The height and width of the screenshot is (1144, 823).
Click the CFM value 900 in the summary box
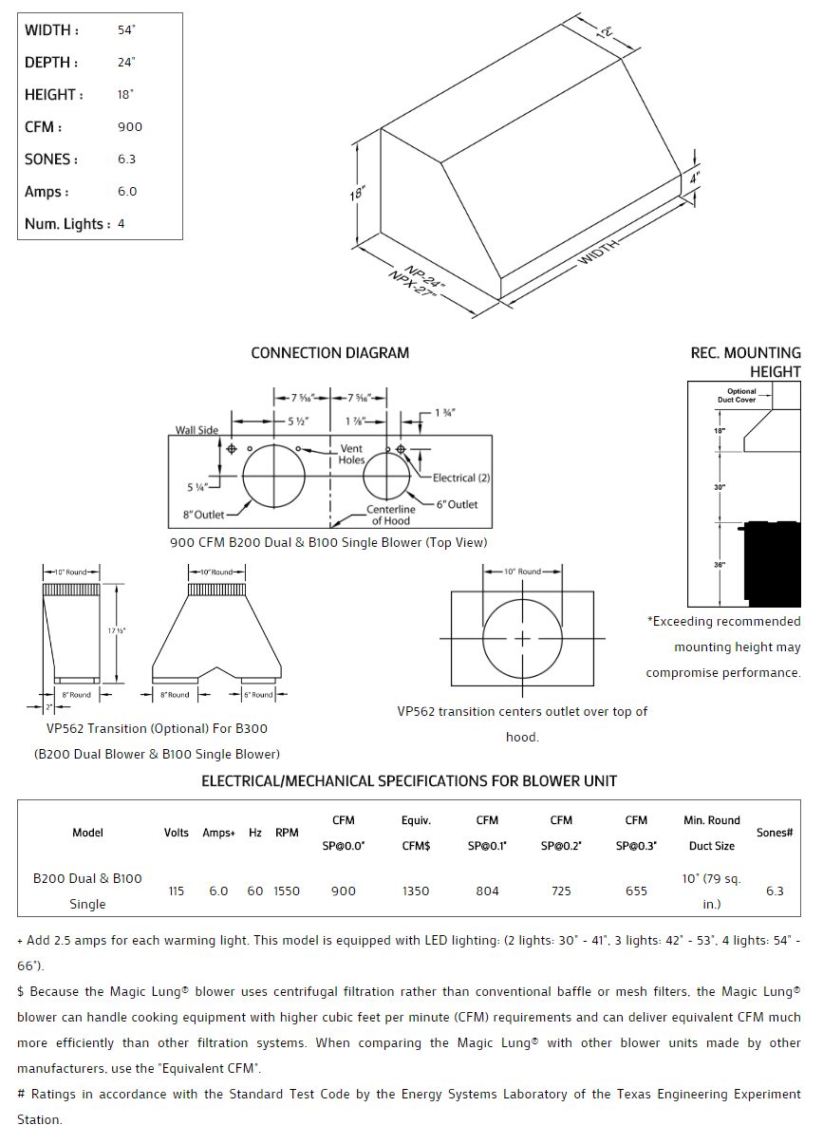pyautogui.click(x=130, y=127)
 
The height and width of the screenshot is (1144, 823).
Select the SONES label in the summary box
pyautogui.click(x=51, y=159)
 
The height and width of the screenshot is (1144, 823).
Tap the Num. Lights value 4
pyautogui.click(x=122, y=224)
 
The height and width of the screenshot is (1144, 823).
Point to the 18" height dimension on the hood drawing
pyautogui.click(x=357, y=193)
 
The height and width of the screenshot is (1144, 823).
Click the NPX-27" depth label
pyautogui.click(x=411, y=287)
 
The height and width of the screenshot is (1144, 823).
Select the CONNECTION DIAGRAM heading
pyautogui.click(x=330, y=353)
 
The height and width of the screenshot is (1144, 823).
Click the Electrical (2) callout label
pyautogui.click(x=461, y=478)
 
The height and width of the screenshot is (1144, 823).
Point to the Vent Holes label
pyautogui.click(x=351, y=455)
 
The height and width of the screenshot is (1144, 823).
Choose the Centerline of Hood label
pyautogui.click(x=391, y=516)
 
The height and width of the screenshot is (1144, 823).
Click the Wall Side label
pyautogui.click(x=196, y=430)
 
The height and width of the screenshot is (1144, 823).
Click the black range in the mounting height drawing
pyautogui.click(x=772, y=562)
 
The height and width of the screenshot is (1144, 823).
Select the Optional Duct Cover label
pyautogui.click(x=741, y=396)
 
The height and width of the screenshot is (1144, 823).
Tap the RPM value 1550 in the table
pyautogui.click(x=287, y=891)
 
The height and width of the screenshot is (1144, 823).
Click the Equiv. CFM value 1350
pyautogui.click(x=416, y=891)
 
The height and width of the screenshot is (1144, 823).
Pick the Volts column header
pyautogui.click(x=177, y=833)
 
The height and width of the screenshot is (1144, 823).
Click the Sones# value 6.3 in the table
pyautogui.click(x=775, y=891)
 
